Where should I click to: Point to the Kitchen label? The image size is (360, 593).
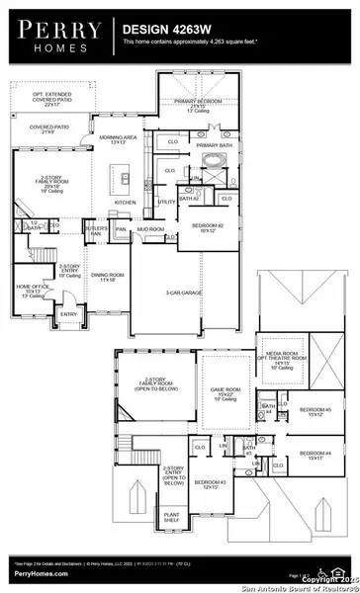(125, 202)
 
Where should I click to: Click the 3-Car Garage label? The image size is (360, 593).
(184, 294)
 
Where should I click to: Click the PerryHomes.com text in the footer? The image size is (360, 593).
(34, 584)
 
